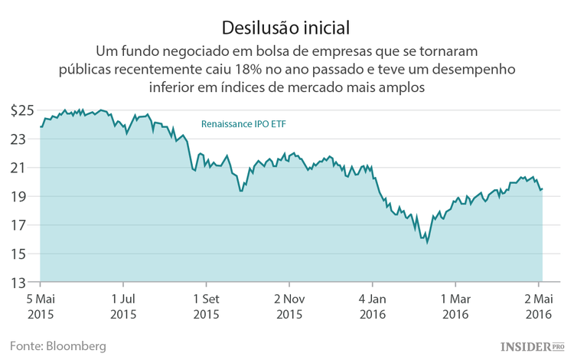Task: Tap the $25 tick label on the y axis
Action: click(22, 110)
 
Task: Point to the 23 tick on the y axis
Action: click(26, 139)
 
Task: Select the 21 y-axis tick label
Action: click(26, 168)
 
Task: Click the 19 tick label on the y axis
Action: click(26, 196)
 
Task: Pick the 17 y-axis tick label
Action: click(26, 225)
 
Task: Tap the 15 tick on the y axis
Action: click(26, 254)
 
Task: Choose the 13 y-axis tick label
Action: click(26, 283)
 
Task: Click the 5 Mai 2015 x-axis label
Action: click(41, 306)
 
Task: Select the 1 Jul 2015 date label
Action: click(123, 306)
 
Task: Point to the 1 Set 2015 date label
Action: click(206, 306)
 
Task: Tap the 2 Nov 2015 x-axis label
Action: click(290, 306)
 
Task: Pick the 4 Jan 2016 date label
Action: click(372, 306)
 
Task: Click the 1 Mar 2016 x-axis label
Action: click(455, 306)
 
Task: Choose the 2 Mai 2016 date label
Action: click(538, 306)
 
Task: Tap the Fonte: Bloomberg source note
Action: click(58, 346)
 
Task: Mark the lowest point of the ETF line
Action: click(427, 243)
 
